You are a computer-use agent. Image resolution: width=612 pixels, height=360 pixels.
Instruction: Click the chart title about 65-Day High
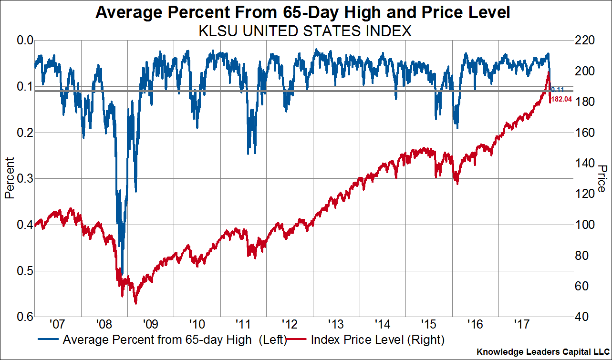(302, 12)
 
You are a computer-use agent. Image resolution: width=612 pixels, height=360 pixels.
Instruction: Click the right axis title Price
(602, 178)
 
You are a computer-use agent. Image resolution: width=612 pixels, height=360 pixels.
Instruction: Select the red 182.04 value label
(562, 100)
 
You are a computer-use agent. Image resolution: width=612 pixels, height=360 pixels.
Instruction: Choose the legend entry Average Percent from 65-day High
(174, 340)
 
